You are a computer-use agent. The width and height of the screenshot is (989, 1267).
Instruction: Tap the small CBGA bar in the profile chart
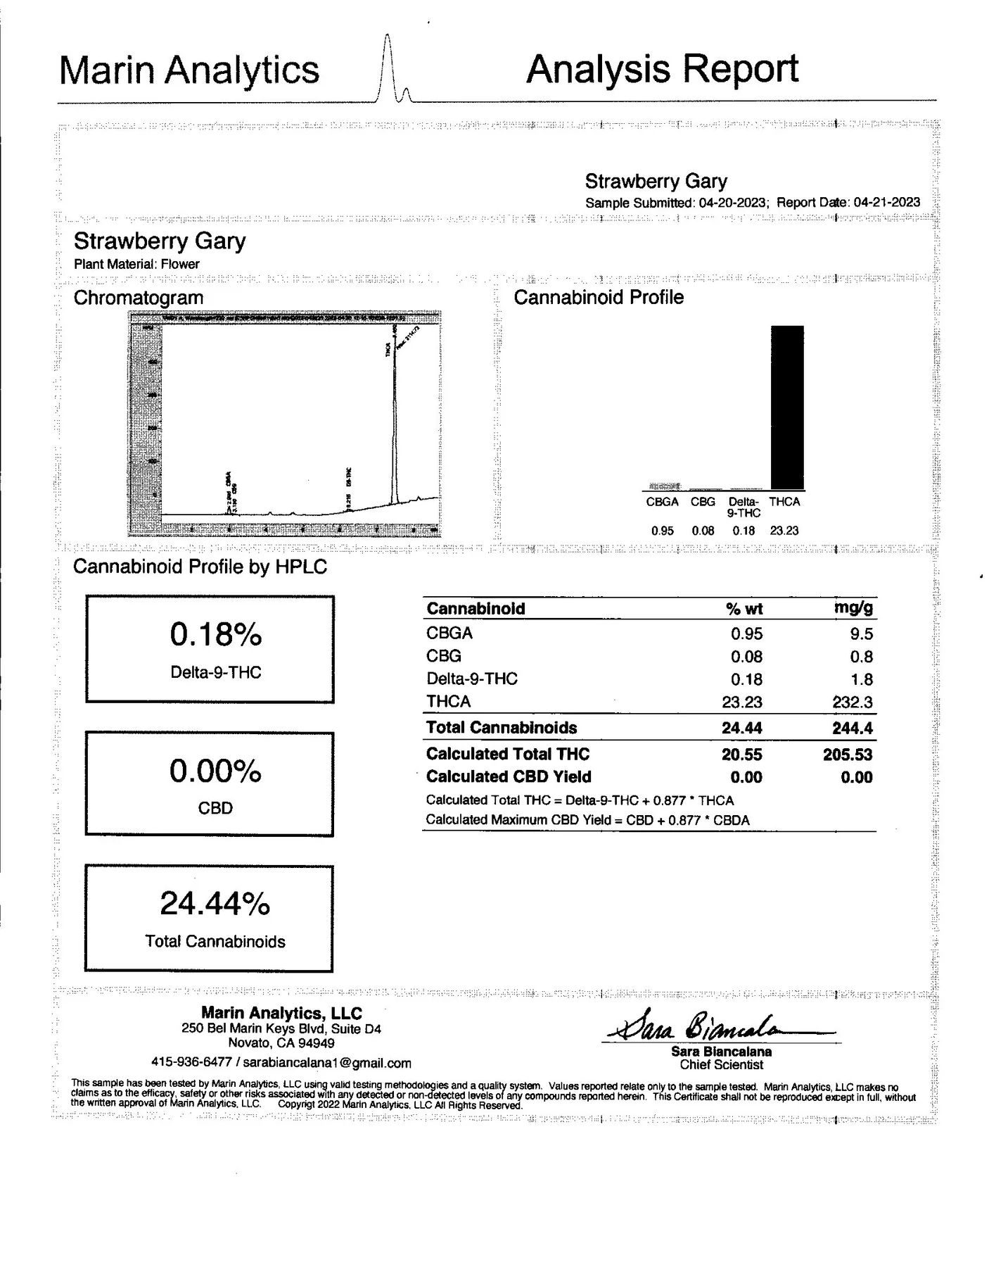(x=664, y=486)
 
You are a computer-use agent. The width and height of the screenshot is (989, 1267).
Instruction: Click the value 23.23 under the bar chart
(x=784, y=531)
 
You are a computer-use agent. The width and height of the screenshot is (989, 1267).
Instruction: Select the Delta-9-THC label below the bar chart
(x=744, y=508)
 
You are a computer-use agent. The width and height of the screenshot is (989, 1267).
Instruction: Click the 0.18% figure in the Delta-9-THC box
(x=216, y=635)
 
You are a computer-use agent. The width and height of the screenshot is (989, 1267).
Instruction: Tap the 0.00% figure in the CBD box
(x=215, y=771)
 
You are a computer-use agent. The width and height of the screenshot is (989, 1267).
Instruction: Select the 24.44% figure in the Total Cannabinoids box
(x=215, y=904)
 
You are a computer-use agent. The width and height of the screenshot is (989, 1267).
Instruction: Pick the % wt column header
(x=744, y=609)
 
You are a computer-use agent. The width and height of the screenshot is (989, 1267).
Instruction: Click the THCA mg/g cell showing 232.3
(x=853, y=702)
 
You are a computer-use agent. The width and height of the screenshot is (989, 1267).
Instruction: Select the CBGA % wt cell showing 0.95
(x=746, y=634)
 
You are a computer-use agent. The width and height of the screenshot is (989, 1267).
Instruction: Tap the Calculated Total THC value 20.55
(x=741, y=755)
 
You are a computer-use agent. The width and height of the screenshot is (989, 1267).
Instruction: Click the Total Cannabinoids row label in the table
(x=502, y=728)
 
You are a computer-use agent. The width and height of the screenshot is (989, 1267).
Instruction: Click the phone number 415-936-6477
(x=191, y=1063)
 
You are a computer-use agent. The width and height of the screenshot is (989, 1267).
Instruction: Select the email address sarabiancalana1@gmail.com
(x=327, y=1063)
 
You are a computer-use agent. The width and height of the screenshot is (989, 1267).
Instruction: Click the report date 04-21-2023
(x=886, y=203)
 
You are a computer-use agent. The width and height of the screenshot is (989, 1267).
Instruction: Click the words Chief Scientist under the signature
(x=721, y=1065)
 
